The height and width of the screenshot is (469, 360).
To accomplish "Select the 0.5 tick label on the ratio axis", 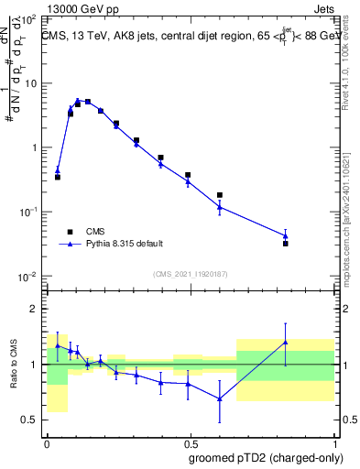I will click(x=31, y=420).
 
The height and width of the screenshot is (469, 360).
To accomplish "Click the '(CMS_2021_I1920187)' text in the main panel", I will click(x=190, y=273).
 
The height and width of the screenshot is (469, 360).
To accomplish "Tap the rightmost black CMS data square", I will click(x=286, y=244).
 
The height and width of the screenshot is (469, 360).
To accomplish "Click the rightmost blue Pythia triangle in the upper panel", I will click(x=286, y=235).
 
